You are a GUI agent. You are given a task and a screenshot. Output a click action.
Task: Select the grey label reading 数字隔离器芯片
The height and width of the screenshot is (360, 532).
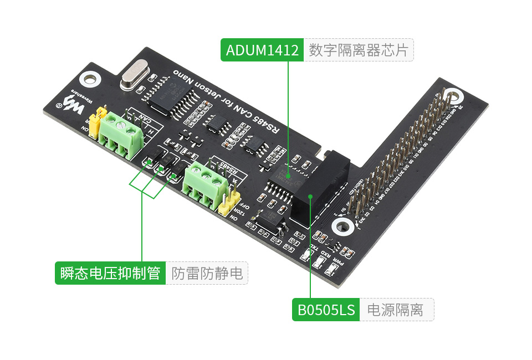[358, 50]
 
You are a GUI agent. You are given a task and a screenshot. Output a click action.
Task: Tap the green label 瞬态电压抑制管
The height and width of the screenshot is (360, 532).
[110, 273]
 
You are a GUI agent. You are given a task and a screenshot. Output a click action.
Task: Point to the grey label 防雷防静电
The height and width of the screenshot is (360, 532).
[207, 273]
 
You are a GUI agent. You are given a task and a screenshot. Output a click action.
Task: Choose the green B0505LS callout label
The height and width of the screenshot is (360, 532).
[326, 310]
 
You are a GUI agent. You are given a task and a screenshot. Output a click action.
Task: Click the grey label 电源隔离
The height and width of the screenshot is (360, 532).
[396, 310]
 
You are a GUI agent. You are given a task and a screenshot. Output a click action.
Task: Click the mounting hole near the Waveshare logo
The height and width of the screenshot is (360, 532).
[89, 79]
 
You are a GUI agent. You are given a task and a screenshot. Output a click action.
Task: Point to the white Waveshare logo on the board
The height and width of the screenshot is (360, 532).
[71, 102]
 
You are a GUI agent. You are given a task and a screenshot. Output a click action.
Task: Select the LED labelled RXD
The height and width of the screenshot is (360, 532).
[320, 264]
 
